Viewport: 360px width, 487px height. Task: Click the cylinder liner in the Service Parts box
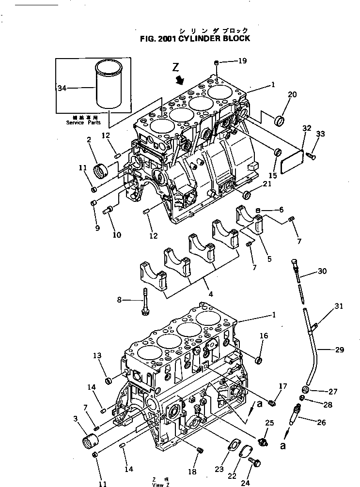(x=110, y=85)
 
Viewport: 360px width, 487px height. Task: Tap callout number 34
(x=62, y=88)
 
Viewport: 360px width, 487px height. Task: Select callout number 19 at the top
(x=242, y=61)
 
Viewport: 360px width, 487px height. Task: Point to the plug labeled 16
(x=259, y=359)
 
